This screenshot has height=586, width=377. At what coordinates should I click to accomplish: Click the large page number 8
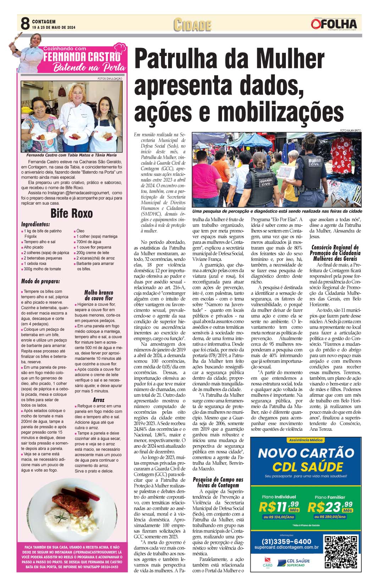[x=24, y=24]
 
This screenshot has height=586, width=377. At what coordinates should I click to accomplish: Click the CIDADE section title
[x=193, y=25]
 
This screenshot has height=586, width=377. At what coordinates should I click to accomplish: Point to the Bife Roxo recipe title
[x=72, y=213]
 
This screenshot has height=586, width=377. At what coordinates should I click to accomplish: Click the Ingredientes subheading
[x=35, y=224]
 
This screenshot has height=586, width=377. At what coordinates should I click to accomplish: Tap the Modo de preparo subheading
[x=40, y=281]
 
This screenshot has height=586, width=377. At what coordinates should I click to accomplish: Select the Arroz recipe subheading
[x=99, y=400]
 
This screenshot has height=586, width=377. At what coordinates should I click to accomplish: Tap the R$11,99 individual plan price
[x=279, y=507]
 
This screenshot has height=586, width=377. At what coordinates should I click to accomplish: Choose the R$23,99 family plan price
[x=329, y=507]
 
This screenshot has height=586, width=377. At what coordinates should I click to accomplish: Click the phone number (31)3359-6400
[x=287, y=541]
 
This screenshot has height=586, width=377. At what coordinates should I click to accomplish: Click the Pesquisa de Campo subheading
[x=218, y=482]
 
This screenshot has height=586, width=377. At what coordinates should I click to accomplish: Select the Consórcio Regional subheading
[x=335, y=253]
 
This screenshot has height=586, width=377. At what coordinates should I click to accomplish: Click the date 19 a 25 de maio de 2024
[x=54, y=28]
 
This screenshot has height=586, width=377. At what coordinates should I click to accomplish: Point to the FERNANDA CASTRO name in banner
[x=82, y=57]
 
